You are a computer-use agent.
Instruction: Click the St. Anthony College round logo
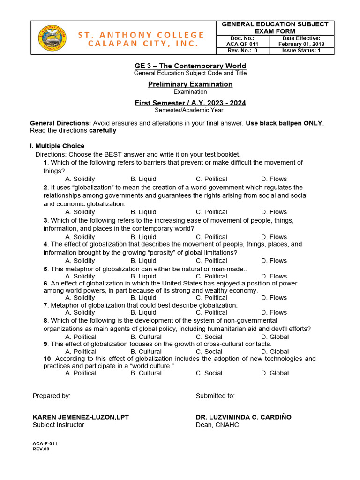click(x=52, y=37)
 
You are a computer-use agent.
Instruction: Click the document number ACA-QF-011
click(x=242, y=44)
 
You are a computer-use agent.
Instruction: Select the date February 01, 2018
click(x=301, y=44)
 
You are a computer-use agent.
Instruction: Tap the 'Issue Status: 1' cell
click(x=301, y=51)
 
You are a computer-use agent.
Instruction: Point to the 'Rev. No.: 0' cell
click(x=242, y=51)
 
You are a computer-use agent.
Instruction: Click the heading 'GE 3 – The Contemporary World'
click(x=190, y=66)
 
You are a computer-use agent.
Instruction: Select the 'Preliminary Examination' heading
click(x=190, y=84)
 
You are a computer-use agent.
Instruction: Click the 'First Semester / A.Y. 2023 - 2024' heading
click(x=190, y=103)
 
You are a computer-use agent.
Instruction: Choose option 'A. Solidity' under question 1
click(x=80, y=179)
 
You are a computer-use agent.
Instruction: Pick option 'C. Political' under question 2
click(x=211, y=212)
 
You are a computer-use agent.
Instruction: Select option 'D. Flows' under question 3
click(x=274, y=237)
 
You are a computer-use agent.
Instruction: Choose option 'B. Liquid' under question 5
click(x=143, y=276)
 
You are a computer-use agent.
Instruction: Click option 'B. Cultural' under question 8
click(x=146, y=337)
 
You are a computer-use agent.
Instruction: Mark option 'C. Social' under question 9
click(x=209, y=352)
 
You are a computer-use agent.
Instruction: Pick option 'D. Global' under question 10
click(x=275, y=373)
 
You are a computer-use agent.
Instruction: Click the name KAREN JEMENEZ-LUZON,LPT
click(x=81, y=417)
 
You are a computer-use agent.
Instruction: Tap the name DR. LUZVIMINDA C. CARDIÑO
click(x=243, y=417)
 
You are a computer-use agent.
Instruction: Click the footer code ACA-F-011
click(x=45, y=443)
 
